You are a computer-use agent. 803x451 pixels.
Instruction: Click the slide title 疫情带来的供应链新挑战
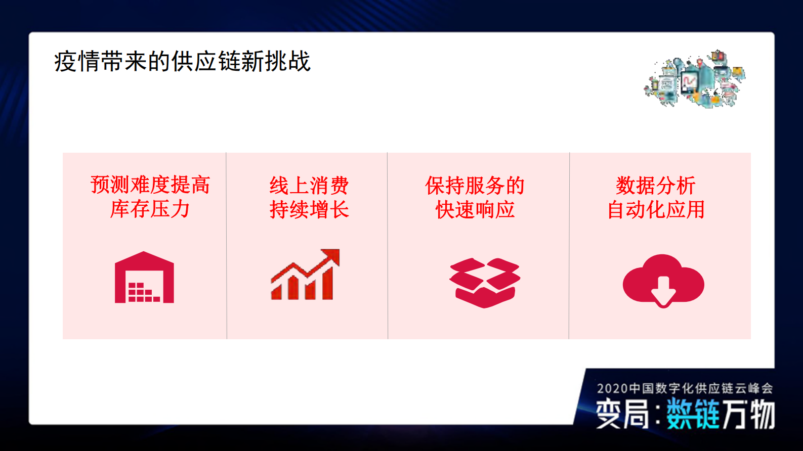pyautogui.click(x=182, y=62)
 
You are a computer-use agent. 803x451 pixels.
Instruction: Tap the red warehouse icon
pyautogui.click(x=144, y=278)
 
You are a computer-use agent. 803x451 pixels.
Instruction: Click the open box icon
pyautogui.click(x=485, y=282)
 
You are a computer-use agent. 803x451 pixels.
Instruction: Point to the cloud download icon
pyautogui.click(x=663, y=281)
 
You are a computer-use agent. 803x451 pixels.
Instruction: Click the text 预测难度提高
pyautogui.click(x=150, y=185)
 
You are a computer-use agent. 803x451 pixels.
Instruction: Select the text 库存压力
pyautogui.click(x=150, y=209)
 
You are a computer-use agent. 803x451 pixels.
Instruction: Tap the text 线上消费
pyautogui.click(x=309, y=186)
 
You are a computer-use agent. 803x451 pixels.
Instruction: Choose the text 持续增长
pyautogui.click(x=309, y=209)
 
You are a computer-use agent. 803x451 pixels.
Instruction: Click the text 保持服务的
pyautogui.click(x=475, y=186)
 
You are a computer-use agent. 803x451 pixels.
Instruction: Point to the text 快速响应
pyautogui.click(x=475, y=209)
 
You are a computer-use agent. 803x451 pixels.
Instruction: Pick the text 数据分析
pyautogui.click(x=656, y=186)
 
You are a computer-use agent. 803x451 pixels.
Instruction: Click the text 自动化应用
pyautogui.click(x=656, y=209)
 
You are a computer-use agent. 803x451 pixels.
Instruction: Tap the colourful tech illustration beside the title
pyautogui.click(x=695, y=79)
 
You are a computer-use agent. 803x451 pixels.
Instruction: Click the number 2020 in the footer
pyautogui.click(x=612, y=388)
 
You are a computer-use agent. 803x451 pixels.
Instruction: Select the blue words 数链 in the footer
pyautogui.click(x=692, y=414)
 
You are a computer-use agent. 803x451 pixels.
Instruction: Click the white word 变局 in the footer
pyautogui.click(x=622, y=414)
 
